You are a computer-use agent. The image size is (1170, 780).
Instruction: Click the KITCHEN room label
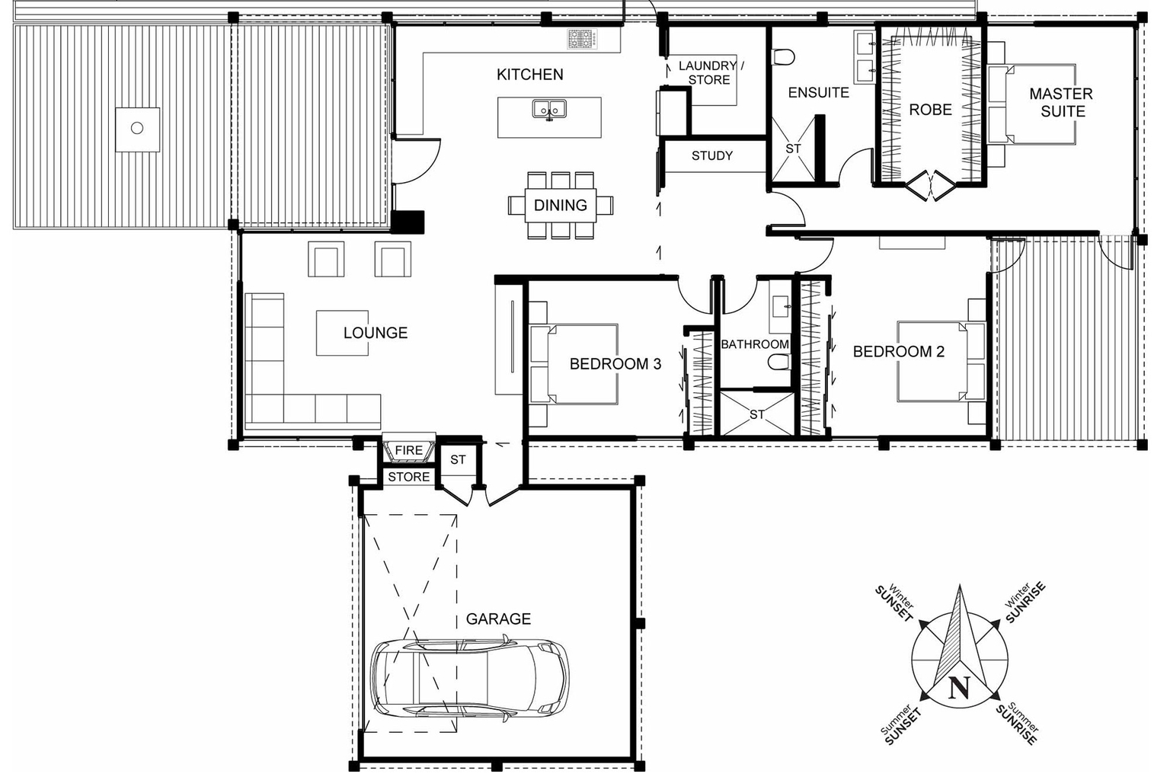click(x=529, y=75)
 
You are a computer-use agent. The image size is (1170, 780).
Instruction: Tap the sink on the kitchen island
click(x=548, y=110)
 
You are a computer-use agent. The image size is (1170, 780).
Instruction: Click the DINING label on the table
click(x=560, y=206)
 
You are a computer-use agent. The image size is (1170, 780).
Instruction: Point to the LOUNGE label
click(x=375, y=333)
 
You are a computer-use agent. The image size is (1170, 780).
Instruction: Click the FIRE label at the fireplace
click(x=408, y=450)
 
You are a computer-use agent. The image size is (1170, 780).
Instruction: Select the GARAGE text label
click(x=498, y=619)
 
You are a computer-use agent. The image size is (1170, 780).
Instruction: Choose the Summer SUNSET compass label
click(x=900, y=724)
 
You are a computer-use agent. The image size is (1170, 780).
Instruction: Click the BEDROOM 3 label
click(x=615, y=364)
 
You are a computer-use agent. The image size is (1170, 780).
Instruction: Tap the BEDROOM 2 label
click(x=898, y=351)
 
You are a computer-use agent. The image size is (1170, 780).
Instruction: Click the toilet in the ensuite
click(x=782, y=57)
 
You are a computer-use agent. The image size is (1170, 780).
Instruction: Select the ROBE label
click(x=930, y=110)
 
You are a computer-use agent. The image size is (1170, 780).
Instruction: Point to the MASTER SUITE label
click(x=1061, y=102)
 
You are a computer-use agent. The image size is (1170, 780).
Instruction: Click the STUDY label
click(x=711, y=155)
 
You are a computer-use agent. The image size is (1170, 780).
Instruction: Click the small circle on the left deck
click(x=137, y=128)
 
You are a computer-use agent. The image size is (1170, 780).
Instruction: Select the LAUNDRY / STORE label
click(x=710, y=72)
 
